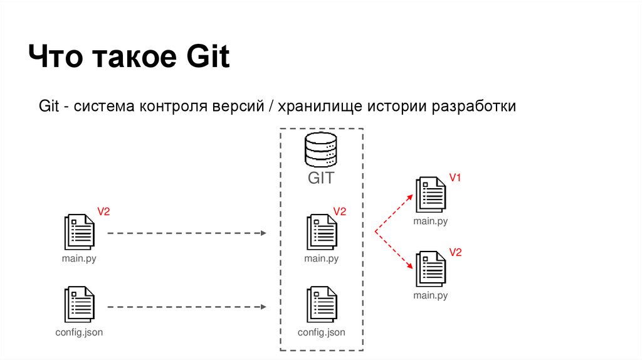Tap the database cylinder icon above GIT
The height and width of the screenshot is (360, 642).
320,149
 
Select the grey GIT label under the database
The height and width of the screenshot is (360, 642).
320,177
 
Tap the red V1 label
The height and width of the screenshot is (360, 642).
455,178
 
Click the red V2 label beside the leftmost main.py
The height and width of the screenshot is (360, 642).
103,212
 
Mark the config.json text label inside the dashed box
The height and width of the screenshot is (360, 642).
321,332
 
